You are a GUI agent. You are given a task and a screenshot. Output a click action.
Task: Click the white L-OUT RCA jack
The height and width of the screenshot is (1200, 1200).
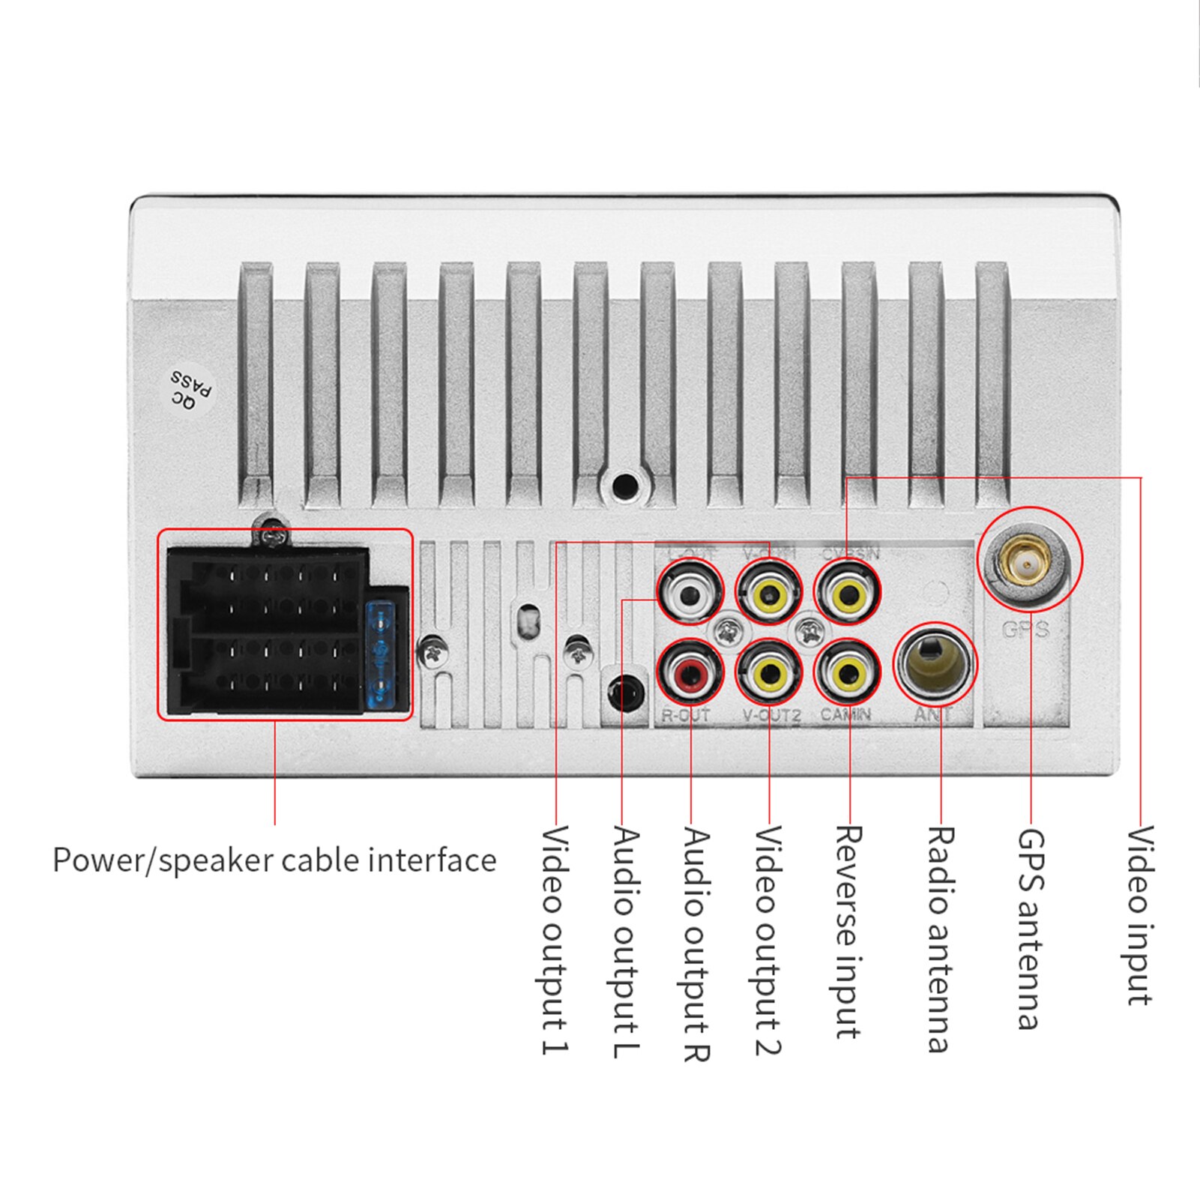coord(690,595)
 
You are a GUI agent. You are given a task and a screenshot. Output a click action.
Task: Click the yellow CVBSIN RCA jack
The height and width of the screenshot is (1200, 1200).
coord(848,595)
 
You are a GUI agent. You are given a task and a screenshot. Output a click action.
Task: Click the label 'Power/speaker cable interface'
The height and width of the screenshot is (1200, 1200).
coord(274,860)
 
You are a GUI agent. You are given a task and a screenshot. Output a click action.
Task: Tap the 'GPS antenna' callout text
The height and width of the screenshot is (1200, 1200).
coord(1030,929)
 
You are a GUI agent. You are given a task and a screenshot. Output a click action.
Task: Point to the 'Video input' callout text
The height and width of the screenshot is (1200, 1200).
coord(1139,915)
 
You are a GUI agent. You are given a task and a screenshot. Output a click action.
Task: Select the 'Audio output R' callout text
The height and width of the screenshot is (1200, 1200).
coord(696,944)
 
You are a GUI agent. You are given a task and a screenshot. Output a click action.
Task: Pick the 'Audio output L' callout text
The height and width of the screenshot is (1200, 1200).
coord(625,941)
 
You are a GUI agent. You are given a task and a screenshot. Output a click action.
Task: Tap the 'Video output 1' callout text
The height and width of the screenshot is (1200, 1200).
coord(555,940)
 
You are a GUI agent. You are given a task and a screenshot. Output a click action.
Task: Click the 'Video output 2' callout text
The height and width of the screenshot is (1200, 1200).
coord(768,940)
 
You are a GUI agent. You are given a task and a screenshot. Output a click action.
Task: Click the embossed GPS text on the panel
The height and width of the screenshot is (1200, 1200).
coord(1025,630)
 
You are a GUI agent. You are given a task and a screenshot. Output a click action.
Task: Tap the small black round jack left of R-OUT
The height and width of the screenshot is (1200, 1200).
coord(626,693)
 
